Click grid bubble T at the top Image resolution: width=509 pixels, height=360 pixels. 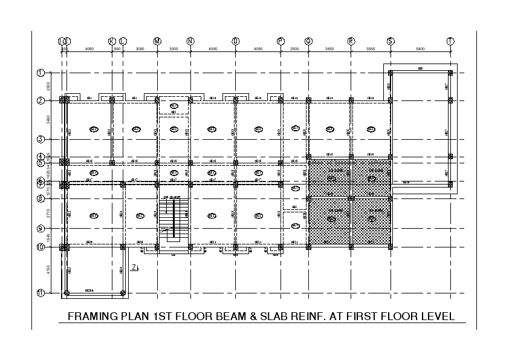click(x=450, y=41)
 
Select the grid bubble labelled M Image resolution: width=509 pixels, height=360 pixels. click(x=157, y=41)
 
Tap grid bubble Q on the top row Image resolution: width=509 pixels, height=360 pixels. click(x=308, y=41)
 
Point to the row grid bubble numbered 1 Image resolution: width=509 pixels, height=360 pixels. click(x=41, y=73)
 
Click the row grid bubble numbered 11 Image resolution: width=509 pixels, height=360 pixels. click(x=41, y=293)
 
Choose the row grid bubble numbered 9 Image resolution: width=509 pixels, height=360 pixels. click(x=41, y=229)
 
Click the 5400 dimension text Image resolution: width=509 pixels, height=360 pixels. click(x=420, y=48)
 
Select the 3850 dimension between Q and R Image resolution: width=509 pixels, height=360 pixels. click(x=329, y=48)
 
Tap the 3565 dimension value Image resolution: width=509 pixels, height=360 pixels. click(x=371, y=48)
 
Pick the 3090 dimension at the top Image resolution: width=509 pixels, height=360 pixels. click(x=140, y=48)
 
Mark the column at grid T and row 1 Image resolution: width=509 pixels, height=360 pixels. click(x=450, y=73)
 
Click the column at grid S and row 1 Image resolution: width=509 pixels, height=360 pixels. click(x=391, y=73)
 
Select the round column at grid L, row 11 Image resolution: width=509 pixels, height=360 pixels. click(x=123, y=293)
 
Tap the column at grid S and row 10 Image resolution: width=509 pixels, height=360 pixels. click(x=391, y=246)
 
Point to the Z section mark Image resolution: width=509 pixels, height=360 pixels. click(x=135, y=268)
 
